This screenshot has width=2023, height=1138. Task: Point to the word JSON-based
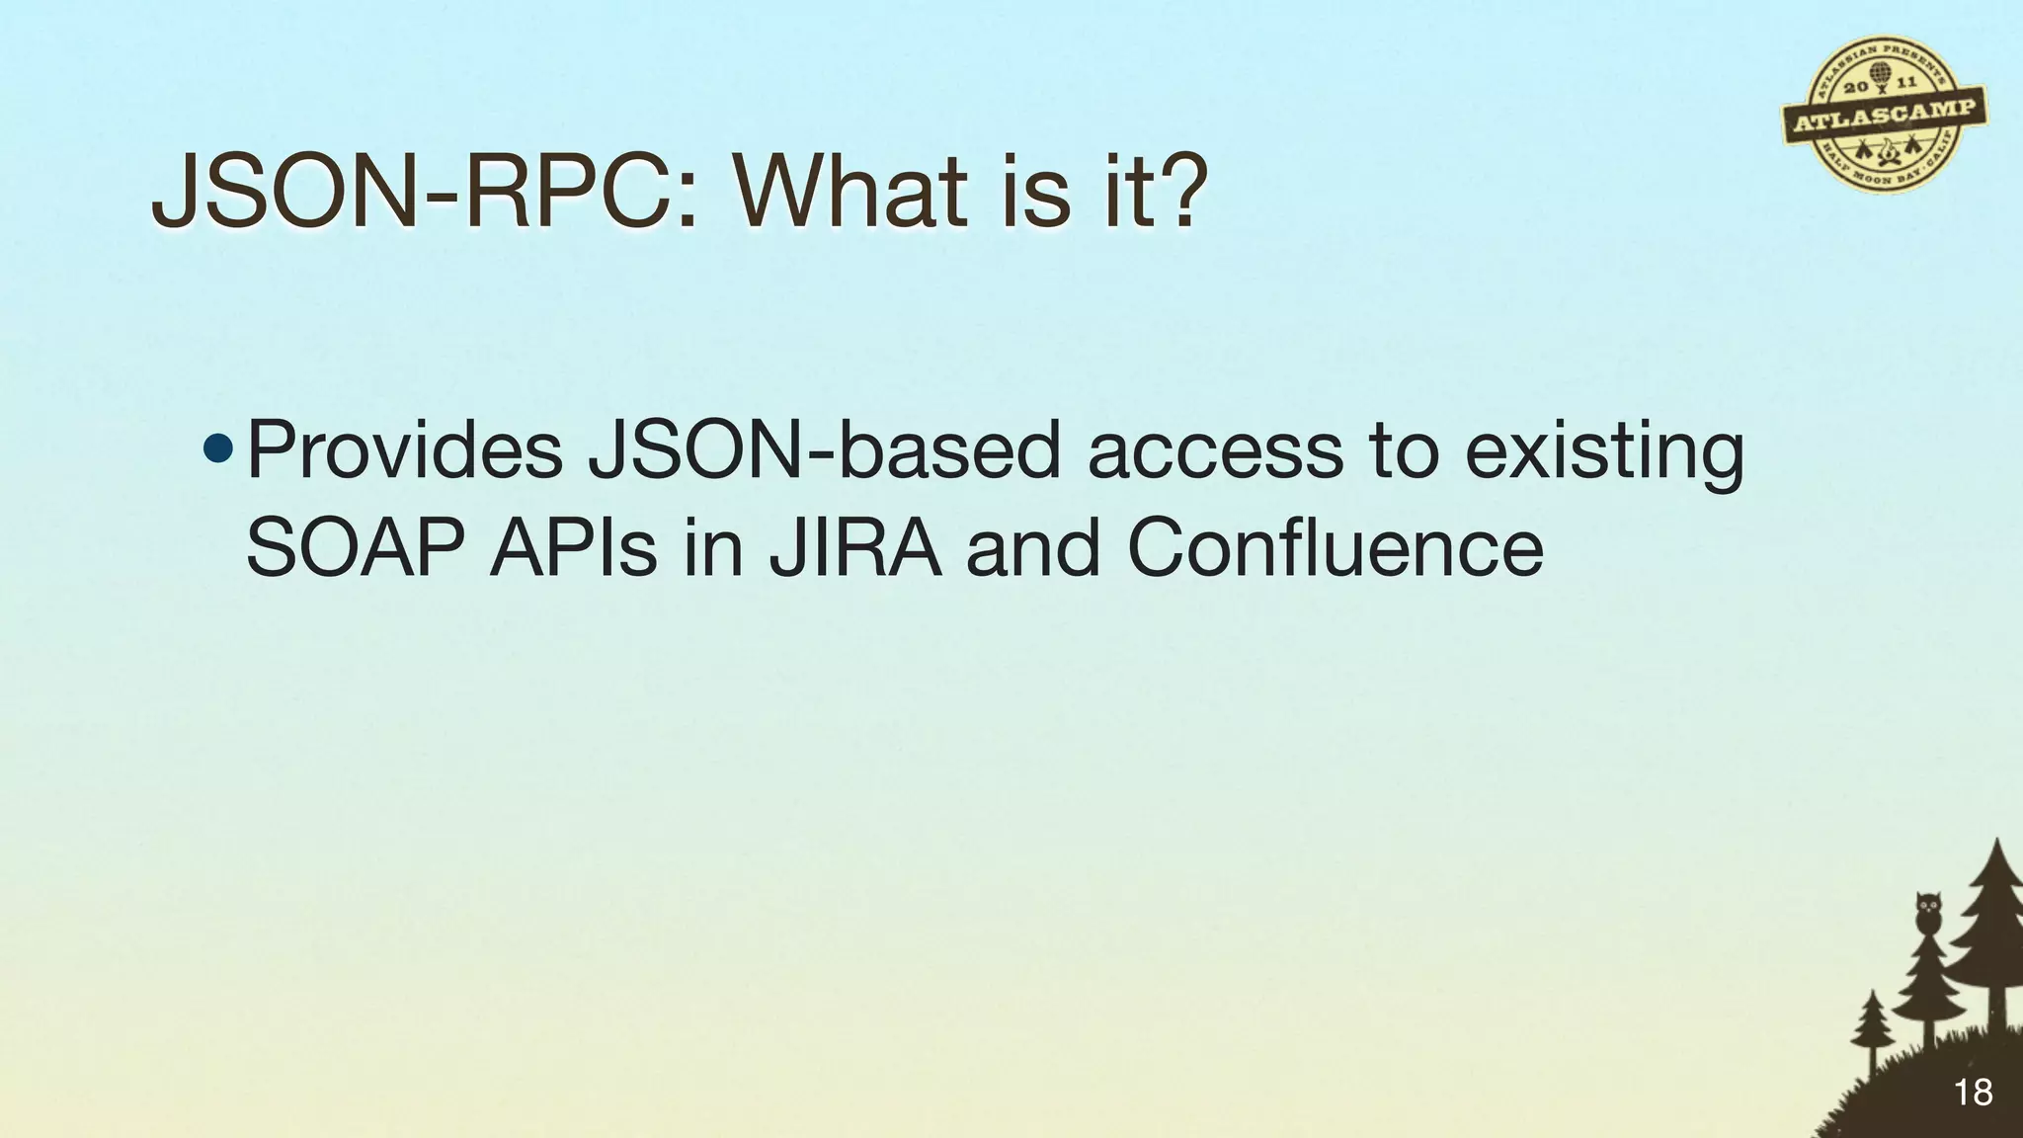[x=823, y=451]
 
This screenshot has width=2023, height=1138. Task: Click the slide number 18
[x=1973, y=1093]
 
